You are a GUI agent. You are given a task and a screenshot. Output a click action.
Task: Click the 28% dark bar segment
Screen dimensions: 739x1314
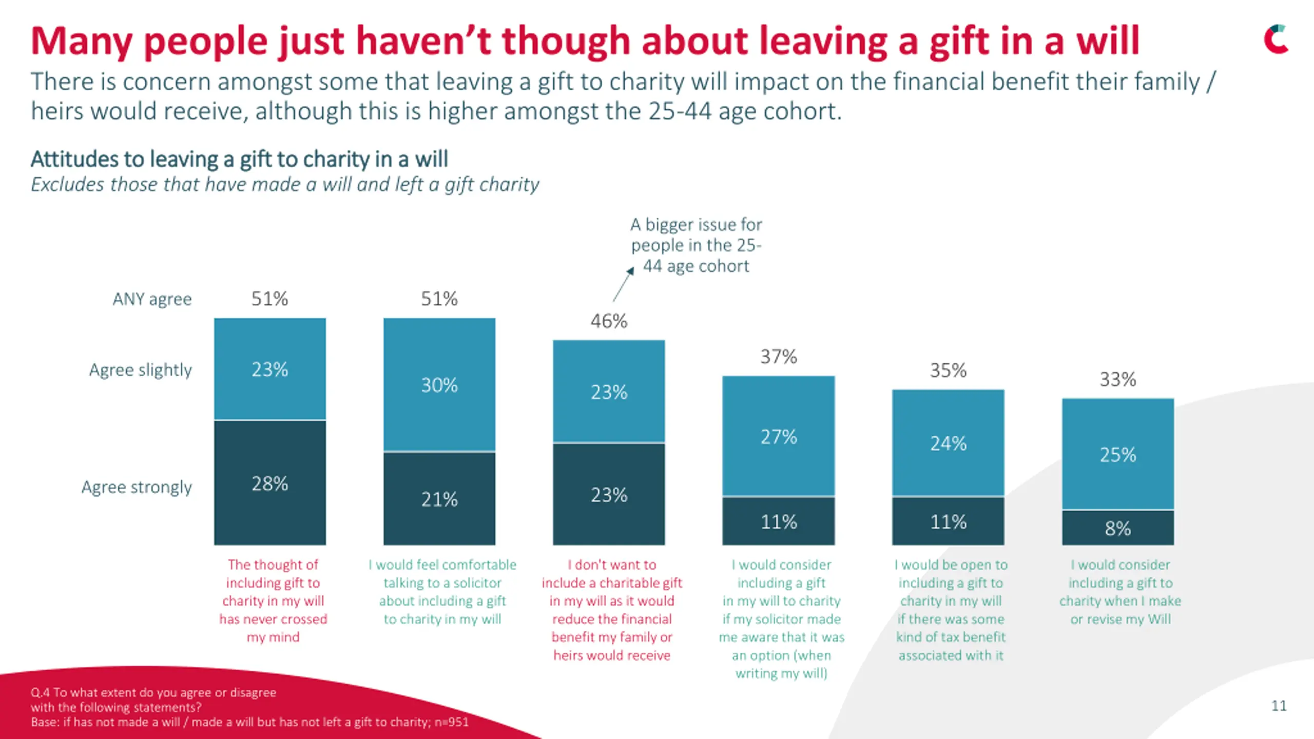[270, 483]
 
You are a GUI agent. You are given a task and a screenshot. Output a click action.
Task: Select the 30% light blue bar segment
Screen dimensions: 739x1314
[439, 385]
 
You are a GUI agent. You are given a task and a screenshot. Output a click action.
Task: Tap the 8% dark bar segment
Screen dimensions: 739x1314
[1118, 528]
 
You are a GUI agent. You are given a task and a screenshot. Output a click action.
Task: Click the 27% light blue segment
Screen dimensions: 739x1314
[779, 436]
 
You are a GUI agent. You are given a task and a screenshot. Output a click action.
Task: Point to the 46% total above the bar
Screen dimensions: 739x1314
[609, 321]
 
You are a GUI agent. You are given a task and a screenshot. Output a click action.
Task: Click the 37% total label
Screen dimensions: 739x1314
[779, 357]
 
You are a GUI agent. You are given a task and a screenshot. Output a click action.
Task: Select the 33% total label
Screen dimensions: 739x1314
[1118, 380]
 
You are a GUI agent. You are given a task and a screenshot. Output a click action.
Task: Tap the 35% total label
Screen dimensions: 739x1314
[948, 371]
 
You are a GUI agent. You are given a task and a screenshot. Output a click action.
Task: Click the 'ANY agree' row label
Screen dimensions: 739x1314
[152, 299]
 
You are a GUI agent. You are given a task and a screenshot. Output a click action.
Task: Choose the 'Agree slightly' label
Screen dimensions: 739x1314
[140, 369]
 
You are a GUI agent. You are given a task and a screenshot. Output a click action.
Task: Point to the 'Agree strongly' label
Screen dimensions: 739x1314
[137, 487]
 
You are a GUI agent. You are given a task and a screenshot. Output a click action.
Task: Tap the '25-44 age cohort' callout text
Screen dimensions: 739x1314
[696, 245]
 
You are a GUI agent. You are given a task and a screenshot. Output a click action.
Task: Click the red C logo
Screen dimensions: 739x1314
[1276, 39]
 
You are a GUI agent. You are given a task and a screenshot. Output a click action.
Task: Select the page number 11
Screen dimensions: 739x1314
[1279, 706]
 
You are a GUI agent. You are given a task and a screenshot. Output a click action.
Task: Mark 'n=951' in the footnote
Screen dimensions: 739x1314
[452, 722]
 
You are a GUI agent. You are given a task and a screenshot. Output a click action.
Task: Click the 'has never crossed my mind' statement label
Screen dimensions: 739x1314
[273, 600]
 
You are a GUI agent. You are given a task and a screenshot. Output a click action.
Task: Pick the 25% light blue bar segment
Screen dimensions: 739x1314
[1118, 455]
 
